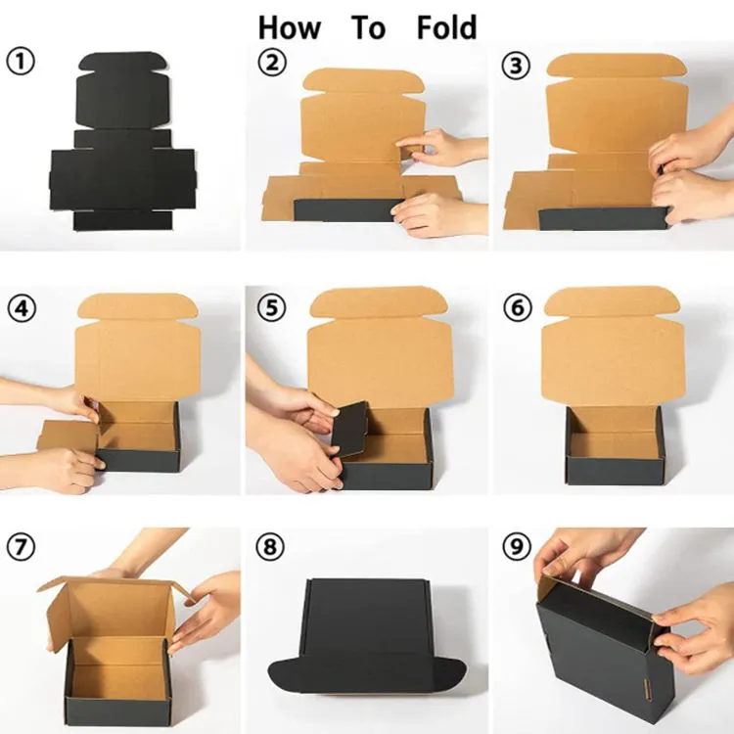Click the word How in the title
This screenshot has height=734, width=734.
click(x=290, y=27)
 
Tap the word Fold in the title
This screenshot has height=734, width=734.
click(x=446, y=27)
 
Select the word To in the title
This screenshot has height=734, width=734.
click(x=369, y=27)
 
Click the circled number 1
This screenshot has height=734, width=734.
click(x=21, y=62)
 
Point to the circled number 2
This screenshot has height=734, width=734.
click(x=272, y=63)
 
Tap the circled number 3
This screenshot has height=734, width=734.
click(x=516, y=65)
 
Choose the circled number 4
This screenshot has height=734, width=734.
click(x=22, y=308)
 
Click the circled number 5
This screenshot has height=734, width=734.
click(x=271, y=308)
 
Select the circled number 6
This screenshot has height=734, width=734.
click(x=518, y=307)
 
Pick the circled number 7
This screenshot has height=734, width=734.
click(x=21, y=547)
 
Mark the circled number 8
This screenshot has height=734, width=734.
click(x=270, y=546)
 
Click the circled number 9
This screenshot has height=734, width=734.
click(x=517, y=546)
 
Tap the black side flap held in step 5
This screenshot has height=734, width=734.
click(x=349, y=429)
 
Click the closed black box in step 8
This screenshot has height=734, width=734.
click(x=367, y=637)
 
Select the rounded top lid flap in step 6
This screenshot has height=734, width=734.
click(x=612, y=301)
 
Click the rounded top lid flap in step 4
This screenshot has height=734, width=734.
click(x=137, y=306)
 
